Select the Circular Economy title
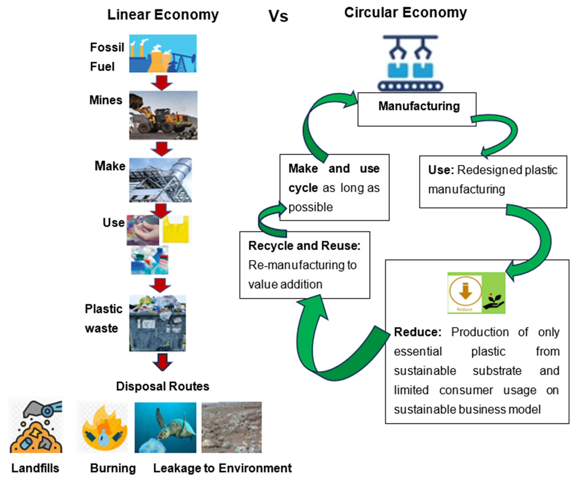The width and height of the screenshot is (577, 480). [406, 13]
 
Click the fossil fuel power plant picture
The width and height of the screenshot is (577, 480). [163, 54]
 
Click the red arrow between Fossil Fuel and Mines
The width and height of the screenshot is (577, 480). [162, 82]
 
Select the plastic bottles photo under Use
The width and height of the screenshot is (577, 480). [149, 260]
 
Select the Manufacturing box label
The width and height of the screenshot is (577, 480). [419, 106]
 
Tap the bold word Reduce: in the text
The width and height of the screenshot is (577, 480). [417, 332]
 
